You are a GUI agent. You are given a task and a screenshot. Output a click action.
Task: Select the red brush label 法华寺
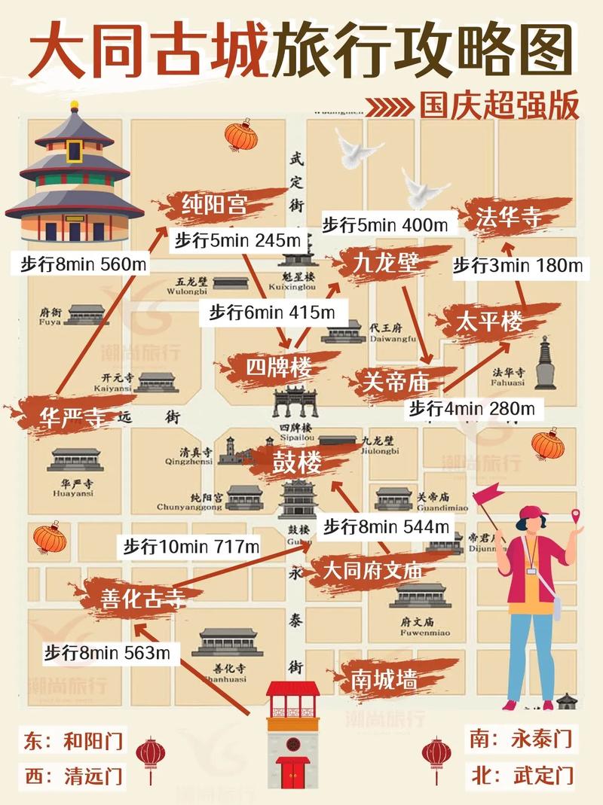(509, 218)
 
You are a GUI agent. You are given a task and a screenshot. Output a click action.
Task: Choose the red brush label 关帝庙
(396, 381)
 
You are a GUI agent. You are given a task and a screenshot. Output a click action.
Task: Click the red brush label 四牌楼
(279, 368)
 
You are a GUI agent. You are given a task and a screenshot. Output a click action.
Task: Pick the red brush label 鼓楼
(296, 462)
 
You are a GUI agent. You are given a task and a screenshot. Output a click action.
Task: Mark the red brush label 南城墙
(384, 679)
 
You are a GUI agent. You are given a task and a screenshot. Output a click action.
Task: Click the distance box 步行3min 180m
(518, 265)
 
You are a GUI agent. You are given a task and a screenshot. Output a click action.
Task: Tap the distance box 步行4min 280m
(472, 409)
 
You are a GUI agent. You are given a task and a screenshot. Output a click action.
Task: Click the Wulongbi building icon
(231, 282)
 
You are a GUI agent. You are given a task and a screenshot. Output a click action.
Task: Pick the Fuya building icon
(84, 314)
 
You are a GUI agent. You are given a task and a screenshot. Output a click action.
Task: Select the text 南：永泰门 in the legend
(520, 736)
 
